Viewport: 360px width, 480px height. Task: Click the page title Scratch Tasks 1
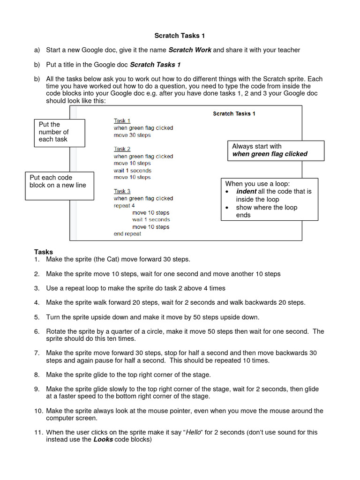[180, 36]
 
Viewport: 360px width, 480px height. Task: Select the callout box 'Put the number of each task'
[60, 132]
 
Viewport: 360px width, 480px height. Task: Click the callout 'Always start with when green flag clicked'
[275, 150]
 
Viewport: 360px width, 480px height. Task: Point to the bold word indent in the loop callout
[246, 191]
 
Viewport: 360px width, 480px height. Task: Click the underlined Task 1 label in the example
[122, 121]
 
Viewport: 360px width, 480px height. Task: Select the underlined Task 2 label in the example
[122, 149]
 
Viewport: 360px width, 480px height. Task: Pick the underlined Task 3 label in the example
[122, 191]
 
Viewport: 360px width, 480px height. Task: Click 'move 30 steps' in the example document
[132, 135]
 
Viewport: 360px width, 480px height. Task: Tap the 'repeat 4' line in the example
[124, 205]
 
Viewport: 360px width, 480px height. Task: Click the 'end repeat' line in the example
[127, 233]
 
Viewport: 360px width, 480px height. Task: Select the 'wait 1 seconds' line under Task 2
[132, 171]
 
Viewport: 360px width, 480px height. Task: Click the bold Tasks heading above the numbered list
[43, 252]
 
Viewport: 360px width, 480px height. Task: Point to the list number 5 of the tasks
[37, 317]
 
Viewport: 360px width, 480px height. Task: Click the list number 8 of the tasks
[37, 375]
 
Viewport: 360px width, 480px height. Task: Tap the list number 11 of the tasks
[38, 432]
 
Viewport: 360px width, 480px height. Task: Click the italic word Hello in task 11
[195, 432]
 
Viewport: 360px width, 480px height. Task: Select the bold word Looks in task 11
[103, 440]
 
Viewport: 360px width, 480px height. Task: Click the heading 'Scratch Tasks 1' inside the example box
[234, 113]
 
